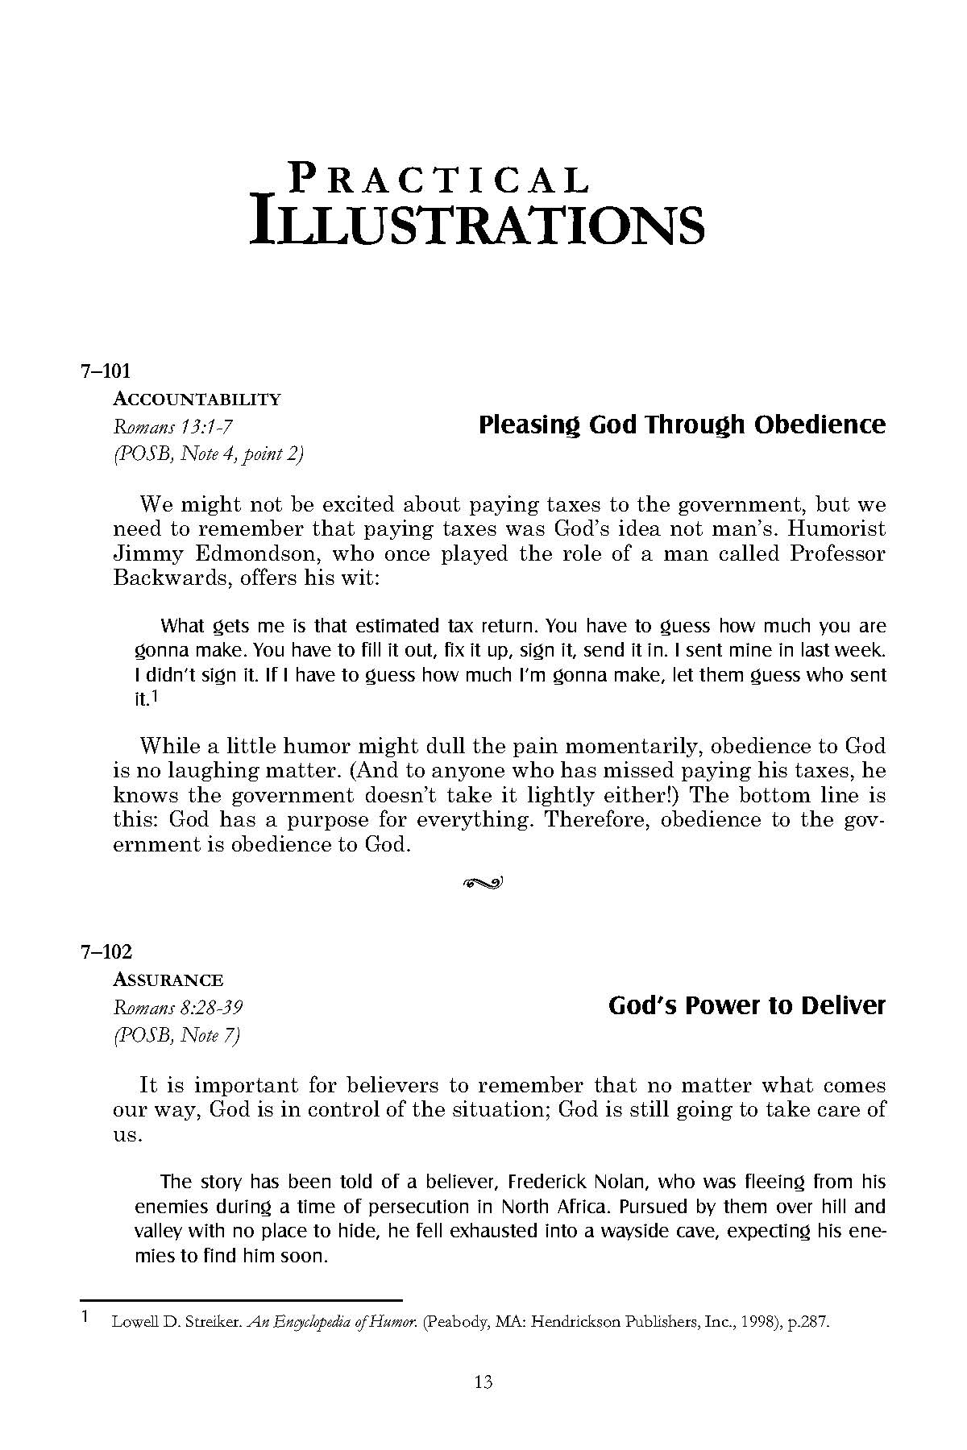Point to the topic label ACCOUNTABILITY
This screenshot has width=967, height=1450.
197,399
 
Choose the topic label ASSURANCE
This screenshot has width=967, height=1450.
168,980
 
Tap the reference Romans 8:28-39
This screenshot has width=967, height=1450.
179,1007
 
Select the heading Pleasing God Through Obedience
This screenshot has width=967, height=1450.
682,425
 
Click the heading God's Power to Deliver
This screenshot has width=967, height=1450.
746,1005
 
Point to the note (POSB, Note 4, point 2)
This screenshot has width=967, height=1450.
209,454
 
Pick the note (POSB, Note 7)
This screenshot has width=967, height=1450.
177,1034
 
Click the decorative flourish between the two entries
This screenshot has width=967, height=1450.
483,883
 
